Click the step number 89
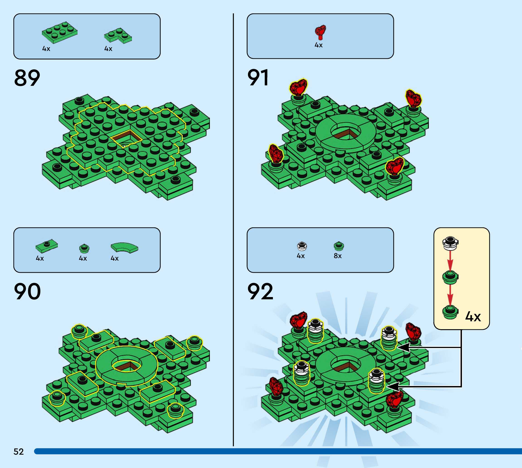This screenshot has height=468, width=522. click(27, 78)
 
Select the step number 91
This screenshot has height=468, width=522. click(258, 78)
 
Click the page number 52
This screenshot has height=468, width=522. click(19, 451)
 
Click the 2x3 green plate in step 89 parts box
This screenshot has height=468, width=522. click(59, 32)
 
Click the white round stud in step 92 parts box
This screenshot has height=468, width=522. click(302, 246)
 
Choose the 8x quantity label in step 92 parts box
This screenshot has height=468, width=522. click(337, 256)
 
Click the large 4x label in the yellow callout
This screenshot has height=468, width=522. click(473, 317)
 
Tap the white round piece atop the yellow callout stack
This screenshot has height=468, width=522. click(450, 243)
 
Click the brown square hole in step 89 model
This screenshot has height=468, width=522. click(126, 138)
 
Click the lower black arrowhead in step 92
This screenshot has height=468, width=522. click(393, 386)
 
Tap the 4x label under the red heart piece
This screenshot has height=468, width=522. click(318, 45)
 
